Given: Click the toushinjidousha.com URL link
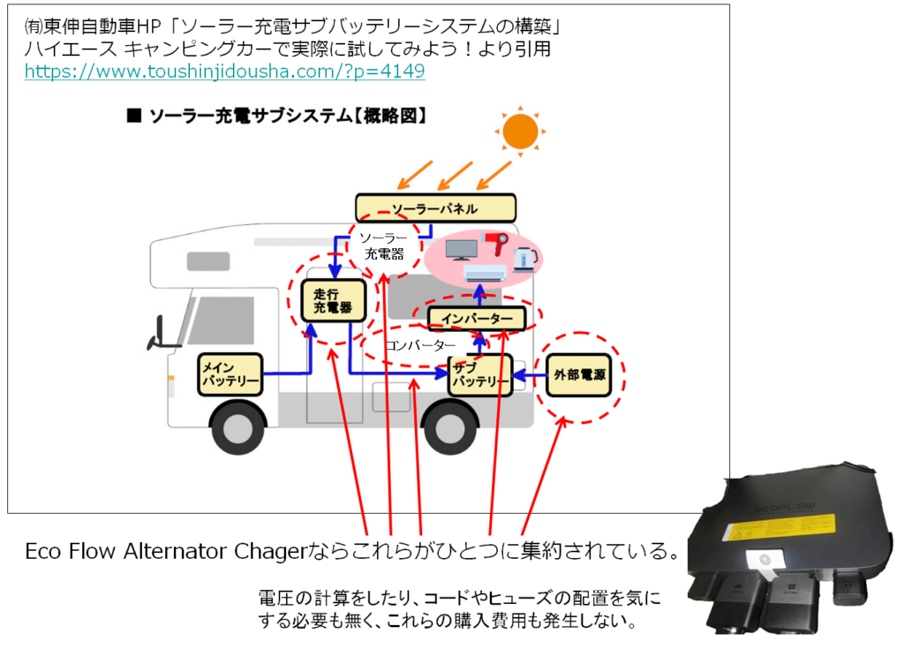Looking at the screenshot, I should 224,72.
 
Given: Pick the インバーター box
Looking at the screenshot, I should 477,318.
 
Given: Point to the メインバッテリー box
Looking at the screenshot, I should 230,374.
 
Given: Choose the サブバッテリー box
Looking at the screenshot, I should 479,374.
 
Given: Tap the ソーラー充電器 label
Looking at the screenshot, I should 383,246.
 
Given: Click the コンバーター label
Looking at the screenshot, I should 420,344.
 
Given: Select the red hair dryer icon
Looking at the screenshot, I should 496,246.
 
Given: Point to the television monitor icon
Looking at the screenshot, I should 461,249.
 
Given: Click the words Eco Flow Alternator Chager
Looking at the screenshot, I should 163,552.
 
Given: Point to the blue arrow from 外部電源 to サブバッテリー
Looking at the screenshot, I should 528,377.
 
